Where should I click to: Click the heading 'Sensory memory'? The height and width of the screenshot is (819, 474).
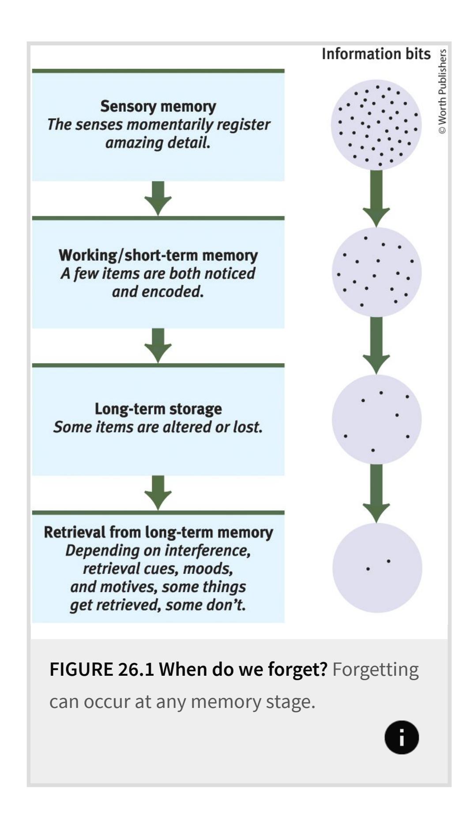[158, 106]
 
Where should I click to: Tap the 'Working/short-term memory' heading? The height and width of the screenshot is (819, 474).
[158, 255]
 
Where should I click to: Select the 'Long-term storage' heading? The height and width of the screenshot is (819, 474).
[158, 409]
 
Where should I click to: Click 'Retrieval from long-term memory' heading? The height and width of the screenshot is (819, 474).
[158, 532]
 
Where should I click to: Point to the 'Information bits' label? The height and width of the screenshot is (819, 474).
[376, 54]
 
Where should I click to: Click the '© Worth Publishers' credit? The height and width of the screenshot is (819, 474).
[442, 91]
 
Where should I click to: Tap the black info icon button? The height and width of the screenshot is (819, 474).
[401, 737]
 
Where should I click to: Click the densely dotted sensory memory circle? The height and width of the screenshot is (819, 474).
[376, 125]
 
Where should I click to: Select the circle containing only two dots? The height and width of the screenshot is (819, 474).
[377, 568]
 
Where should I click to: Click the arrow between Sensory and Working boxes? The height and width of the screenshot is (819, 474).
[158, 198]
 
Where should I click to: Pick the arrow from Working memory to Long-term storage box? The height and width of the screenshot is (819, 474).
[158, 346]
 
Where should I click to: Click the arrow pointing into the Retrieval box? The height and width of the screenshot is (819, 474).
[158, 493]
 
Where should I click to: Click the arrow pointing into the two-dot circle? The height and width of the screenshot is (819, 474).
[376, 493]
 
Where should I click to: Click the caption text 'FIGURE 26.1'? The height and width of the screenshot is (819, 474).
[101, 670]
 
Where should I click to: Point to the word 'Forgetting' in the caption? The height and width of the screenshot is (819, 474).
[375, 670]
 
